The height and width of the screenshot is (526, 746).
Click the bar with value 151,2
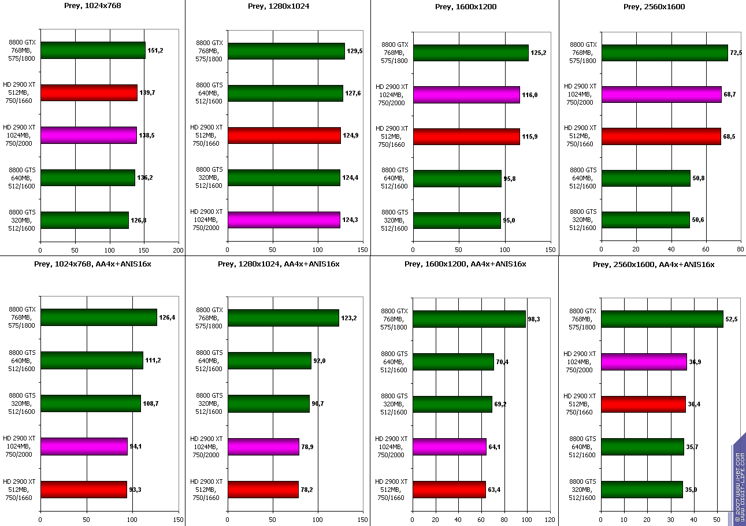[x=92, y=50]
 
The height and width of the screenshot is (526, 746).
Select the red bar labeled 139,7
[x=88, y=92]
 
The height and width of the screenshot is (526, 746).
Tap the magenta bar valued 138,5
[x=88, y=135]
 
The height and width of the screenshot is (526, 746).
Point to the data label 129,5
[x=354, y=51]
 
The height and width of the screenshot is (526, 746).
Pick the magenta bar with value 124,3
[x=284, y=220]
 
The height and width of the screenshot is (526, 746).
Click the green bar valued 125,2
[x=470, y=53]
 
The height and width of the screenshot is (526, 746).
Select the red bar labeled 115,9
[x=466, y=136]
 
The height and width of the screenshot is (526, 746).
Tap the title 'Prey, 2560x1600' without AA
[x=654, y=7]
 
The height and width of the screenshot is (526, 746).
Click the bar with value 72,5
[x=664, y=53]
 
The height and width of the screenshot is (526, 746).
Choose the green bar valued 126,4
[x=98, y=317]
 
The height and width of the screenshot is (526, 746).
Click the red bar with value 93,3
[x=83, y=489]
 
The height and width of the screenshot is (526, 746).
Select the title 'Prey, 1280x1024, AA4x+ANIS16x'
[x=279, y=264]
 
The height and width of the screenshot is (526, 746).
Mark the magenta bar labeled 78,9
[x=263, y=447]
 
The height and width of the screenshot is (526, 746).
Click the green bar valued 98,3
[x=469, y=319]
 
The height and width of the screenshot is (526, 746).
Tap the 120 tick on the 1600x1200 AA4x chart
[x=550, y=519]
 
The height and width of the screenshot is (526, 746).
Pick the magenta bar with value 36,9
[x=644, y=362]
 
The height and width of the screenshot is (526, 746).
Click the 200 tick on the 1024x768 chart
[x=179, y=251]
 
